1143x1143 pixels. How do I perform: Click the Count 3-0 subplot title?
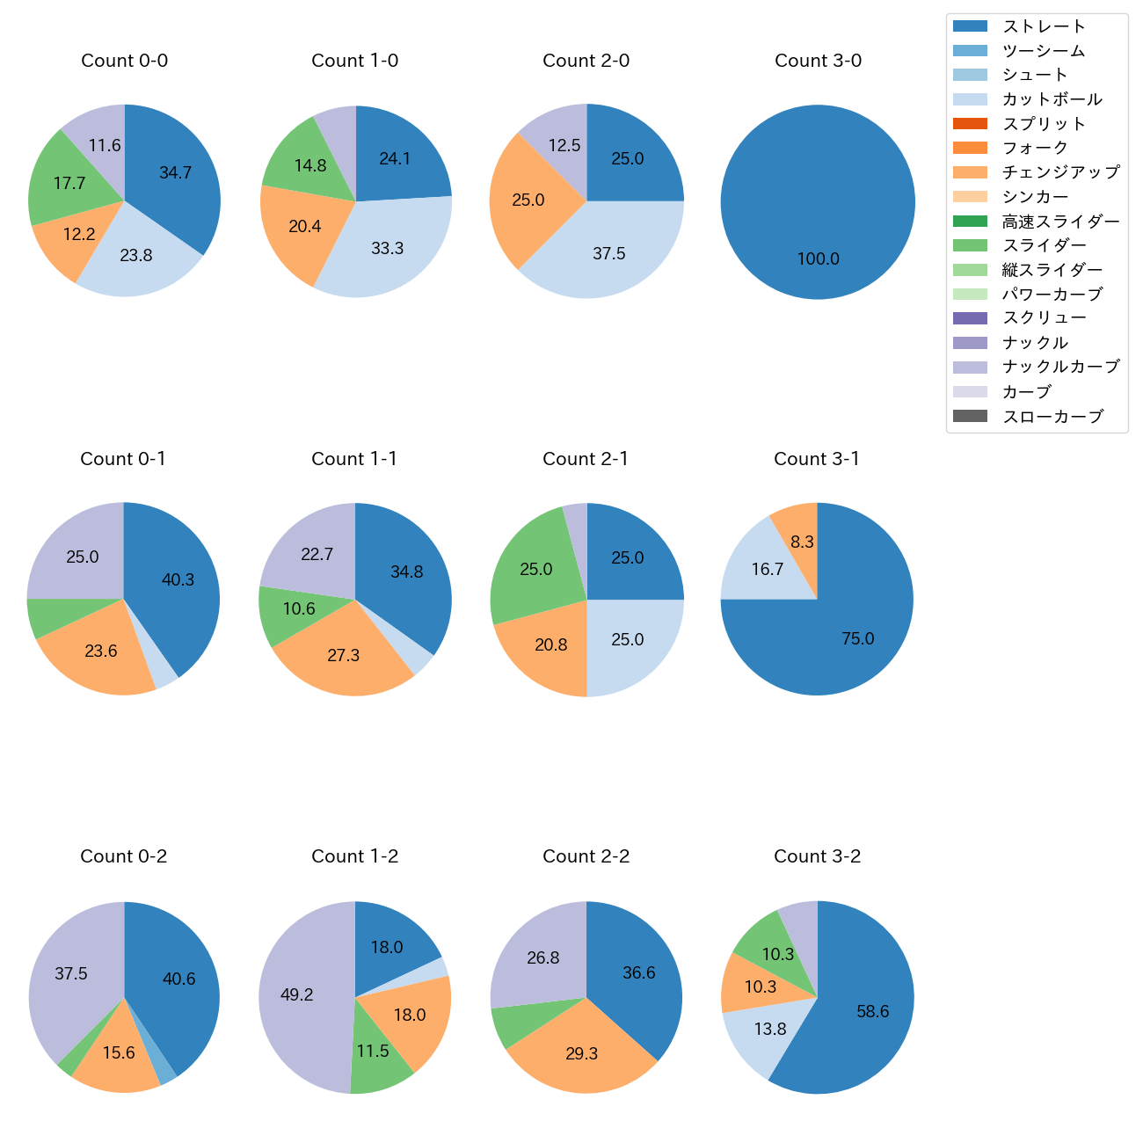point(818,61)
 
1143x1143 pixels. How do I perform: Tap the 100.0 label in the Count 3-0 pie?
point(818,258)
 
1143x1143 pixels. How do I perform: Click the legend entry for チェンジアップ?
point(1060,172)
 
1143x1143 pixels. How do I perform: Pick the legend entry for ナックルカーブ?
point(1060,367)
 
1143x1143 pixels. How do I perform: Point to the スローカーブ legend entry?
point(1052,416)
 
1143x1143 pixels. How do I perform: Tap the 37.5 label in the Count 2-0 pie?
point(608,253)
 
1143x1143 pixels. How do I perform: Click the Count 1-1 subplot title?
point(354,459)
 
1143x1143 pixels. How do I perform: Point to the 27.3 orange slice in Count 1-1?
point(343,655)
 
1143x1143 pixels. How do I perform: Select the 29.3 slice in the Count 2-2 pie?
point(581,1053)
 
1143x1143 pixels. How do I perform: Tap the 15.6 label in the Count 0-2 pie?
point(118,1052)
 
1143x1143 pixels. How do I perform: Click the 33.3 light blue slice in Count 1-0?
point(387,248)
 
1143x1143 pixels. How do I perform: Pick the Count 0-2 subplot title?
point(124,856)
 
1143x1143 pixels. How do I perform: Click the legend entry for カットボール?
point(1052,99)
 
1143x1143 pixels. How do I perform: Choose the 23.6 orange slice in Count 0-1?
point(100,651)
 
